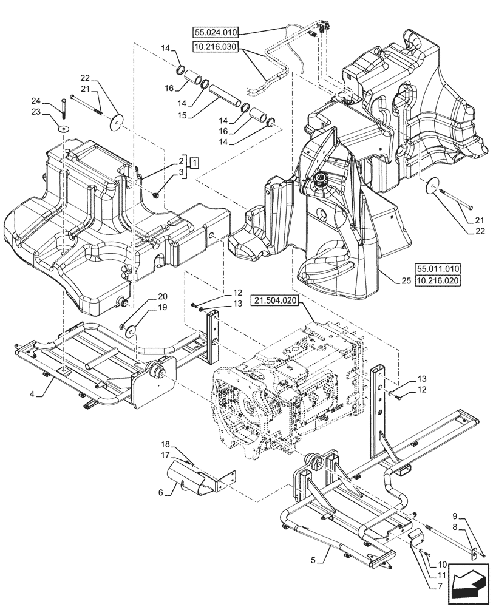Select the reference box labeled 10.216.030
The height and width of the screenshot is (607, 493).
pyautogui.click(x=216, y=47)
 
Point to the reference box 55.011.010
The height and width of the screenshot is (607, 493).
pyautogui.click(x=438, y=268)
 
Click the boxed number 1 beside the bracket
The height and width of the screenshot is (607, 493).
pyautogui.click(x=194, y=162)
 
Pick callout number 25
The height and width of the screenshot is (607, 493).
pyautogui.click(x=405, y=280)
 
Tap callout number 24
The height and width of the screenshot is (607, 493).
pyautogui.click(x=36, y=101)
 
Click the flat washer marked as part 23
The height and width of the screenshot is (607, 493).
pyautogui.click(x=63, y=129)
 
